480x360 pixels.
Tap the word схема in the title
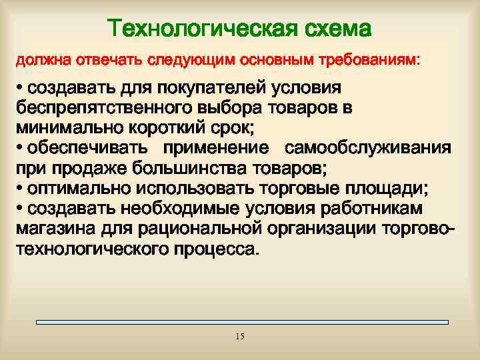pos(337,29)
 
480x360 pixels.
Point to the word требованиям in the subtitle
pos(373,61)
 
